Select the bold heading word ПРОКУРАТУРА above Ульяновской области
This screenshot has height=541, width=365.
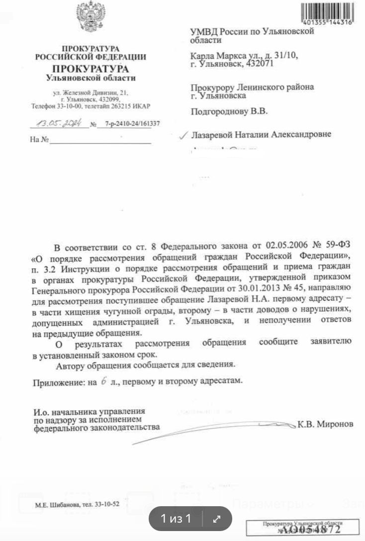click(x=91, y=69)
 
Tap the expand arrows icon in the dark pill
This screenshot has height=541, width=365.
click(x=216, y=519)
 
